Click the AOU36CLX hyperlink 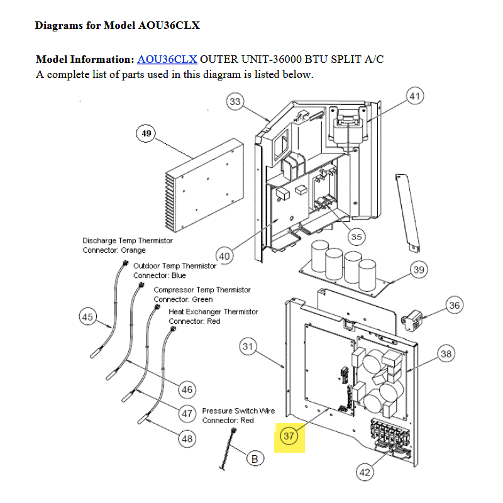[167, 60]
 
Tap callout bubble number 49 [146, 134]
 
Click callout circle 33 [235, 102]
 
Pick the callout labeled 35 [357, 237]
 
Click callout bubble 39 [419, 270]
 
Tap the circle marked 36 [455, 306]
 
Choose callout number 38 [446, 355]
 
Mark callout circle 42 [365, 472]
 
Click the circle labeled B [255, 459]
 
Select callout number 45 [87, 317]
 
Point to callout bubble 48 [187, 439]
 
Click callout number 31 [248, 346]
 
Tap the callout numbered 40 [224, 256]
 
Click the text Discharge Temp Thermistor [128, 241]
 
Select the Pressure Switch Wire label [238, 411]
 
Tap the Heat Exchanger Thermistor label [213, 312]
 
